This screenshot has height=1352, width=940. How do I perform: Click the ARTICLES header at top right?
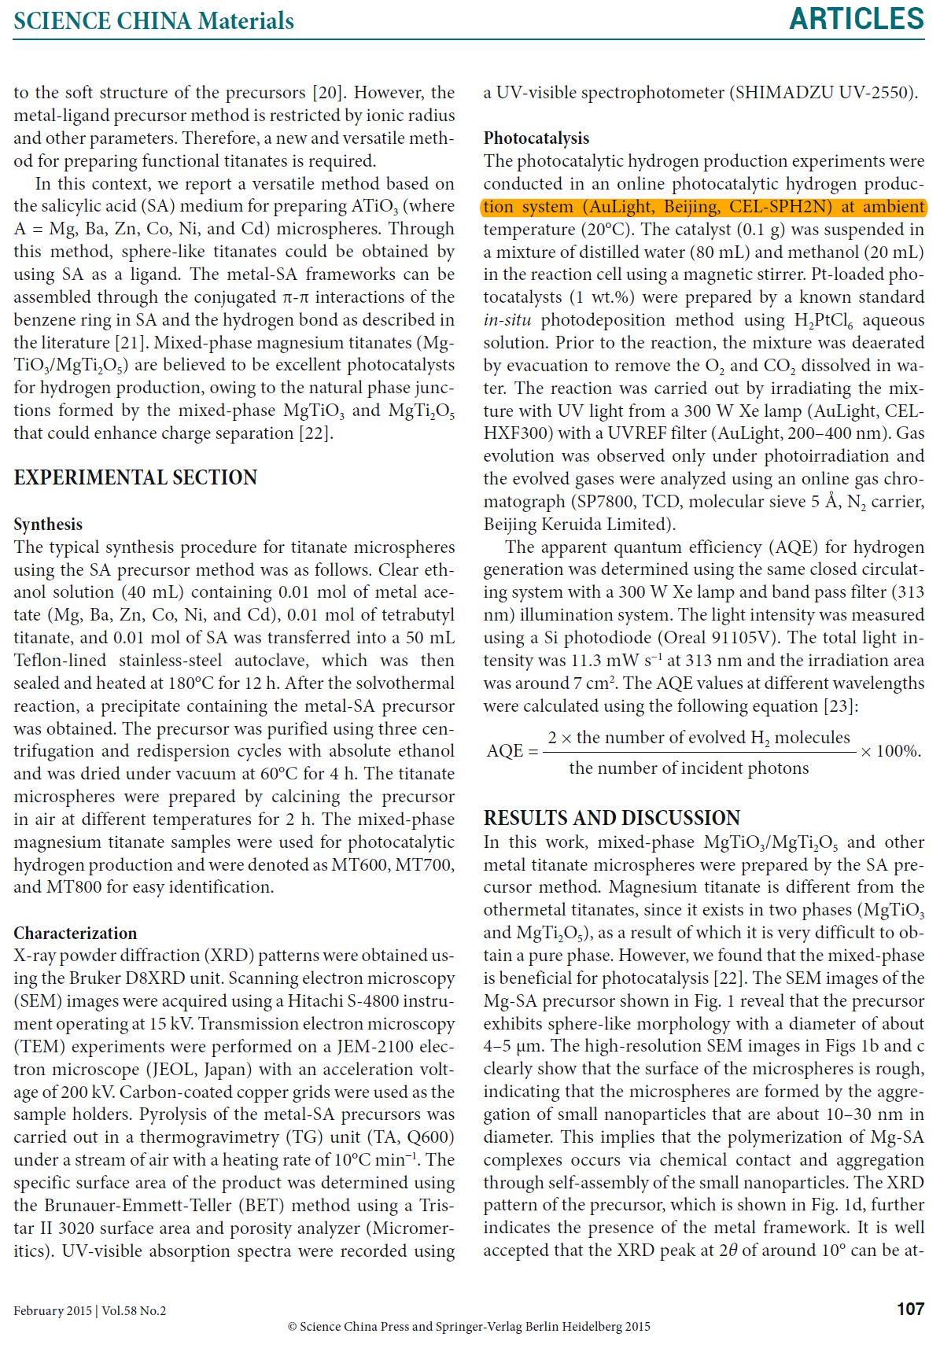point(856,19)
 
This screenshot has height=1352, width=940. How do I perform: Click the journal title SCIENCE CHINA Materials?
point(153,21)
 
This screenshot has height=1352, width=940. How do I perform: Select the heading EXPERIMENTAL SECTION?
point(135,478)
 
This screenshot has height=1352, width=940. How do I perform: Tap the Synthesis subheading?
point(48,525)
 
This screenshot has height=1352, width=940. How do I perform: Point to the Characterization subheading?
point(76,934)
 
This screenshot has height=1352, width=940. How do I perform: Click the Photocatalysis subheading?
point(536,138)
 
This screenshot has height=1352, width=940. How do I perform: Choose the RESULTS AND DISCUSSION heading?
point(611,818)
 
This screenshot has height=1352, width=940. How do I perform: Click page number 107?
point(910,1309)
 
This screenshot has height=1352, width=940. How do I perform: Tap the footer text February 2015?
point(53,1310)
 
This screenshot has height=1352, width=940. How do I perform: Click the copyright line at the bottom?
point(469,1327)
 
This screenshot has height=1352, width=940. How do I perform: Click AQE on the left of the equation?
point(504,751)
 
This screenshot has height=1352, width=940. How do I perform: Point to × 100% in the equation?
point(890,751)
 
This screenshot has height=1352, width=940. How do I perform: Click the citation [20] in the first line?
point(326,93)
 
